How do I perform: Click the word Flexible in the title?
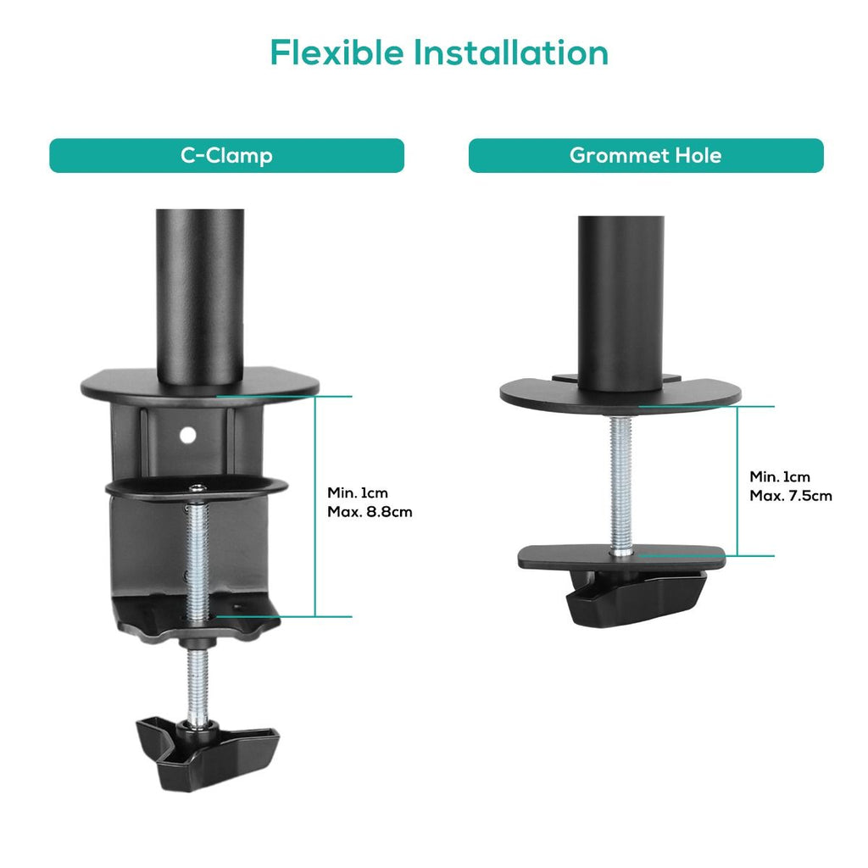pyautogui.click(x=337, y=53)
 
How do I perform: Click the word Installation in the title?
pyautogui.click(x=511, y=53)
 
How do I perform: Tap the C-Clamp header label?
pyautogui.click(x=226, y=156)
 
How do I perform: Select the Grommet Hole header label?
pyautogui.click(x=645, y=156)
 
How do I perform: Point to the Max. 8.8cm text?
pyautogui.click(x=370, y=511)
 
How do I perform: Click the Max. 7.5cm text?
pyautogui.click(x=791, y=495)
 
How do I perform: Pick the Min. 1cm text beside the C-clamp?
pyautogui.click(x=358, y=492)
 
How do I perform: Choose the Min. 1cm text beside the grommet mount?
pyautogui.click(x=780, y=476)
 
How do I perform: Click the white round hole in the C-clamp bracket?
pyautogui.click(x=188, y=436)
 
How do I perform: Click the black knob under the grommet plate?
pyautogui.click(x=637, y=598)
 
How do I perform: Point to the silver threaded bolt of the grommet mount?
pyautogui.click(x=621, y=484)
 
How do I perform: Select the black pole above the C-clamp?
pyautogui.click(x=200, y=296)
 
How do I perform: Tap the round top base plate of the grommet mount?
pyautogui.click(x=620, y=395)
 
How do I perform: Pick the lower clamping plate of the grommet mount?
pyautogui.click(x=621, y=558)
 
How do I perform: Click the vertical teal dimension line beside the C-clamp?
pyautogui.click(x=315, y=507)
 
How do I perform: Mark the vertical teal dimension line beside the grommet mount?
pyautogui.click(x=737, y=481)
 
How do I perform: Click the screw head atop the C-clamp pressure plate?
pyautogui.click(x=198, y=488)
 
